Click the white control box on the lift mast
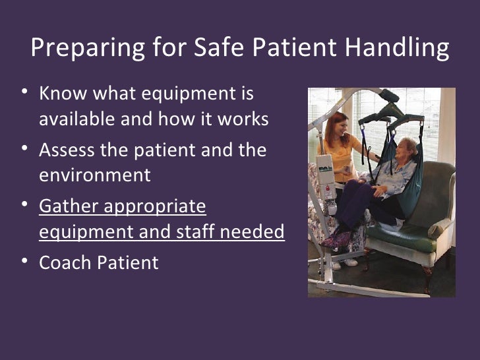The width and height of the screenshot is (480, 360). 326,169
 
